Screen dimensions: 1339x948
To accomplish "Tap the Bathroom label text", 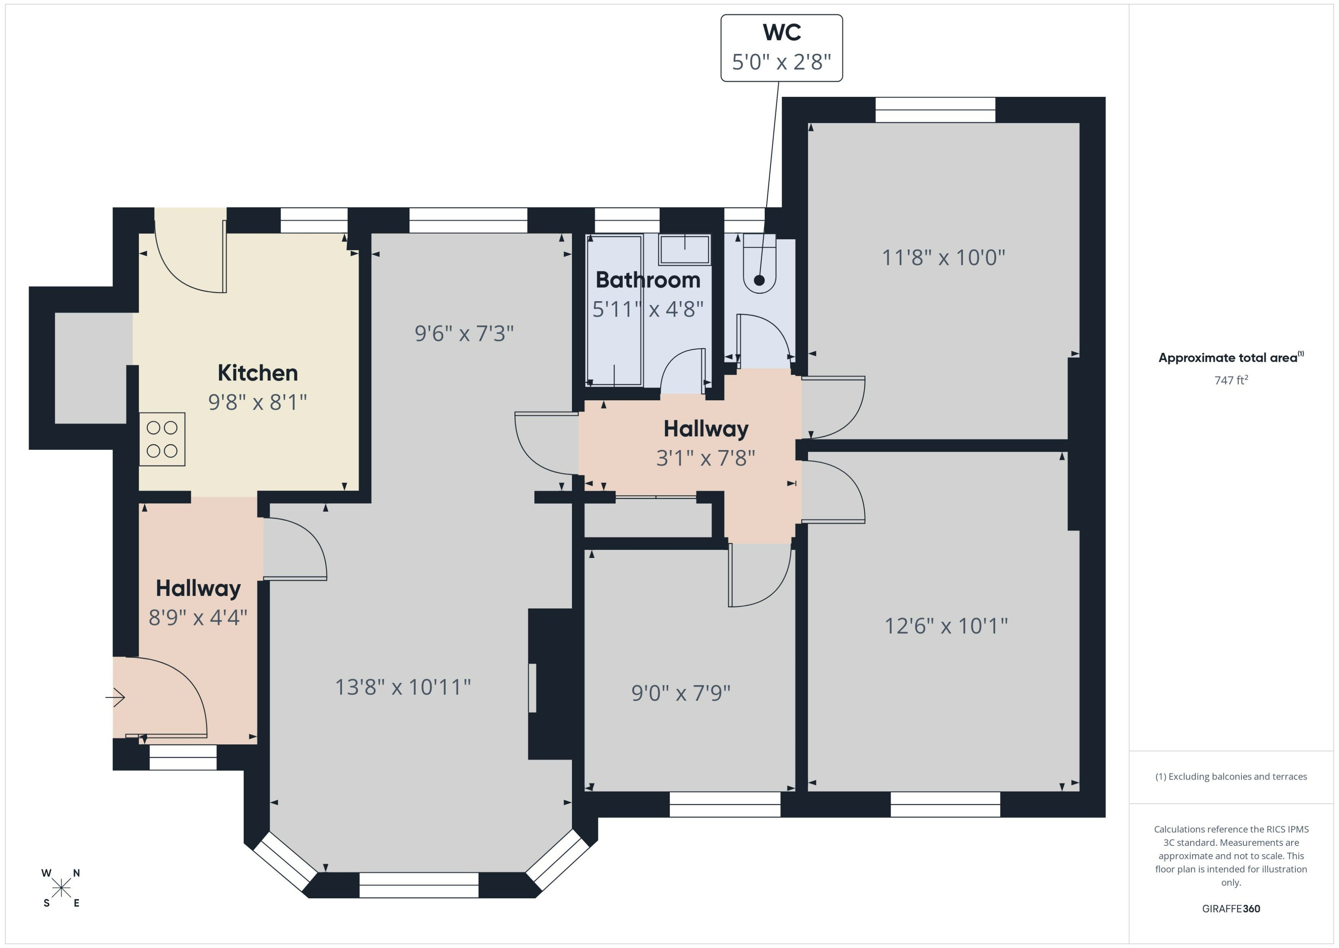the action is (648, 280).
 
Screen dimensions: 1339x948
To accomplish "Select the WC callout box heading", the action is (782, 33).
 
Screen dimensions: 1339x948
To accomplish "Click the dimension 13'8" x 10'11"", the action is (402, 687).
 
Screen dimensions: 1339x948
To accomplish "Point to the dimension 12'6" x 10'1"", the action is (946, 626).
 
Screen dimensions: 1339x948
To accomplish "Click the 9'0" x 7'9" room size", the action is (681, 693).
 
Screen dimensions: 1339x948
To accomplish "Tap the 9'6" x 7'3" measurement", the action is (464, 333).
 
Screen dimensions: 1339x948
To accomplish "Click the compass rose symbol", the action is (61, 888).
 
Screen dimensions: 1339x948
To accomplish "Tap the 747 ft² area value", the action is (1231, 380).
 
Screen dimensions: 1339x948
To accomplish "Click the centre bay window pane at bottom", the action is (419, 885).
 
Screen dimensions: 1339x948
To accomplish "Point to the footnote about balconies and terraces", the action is (1231, 777).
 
